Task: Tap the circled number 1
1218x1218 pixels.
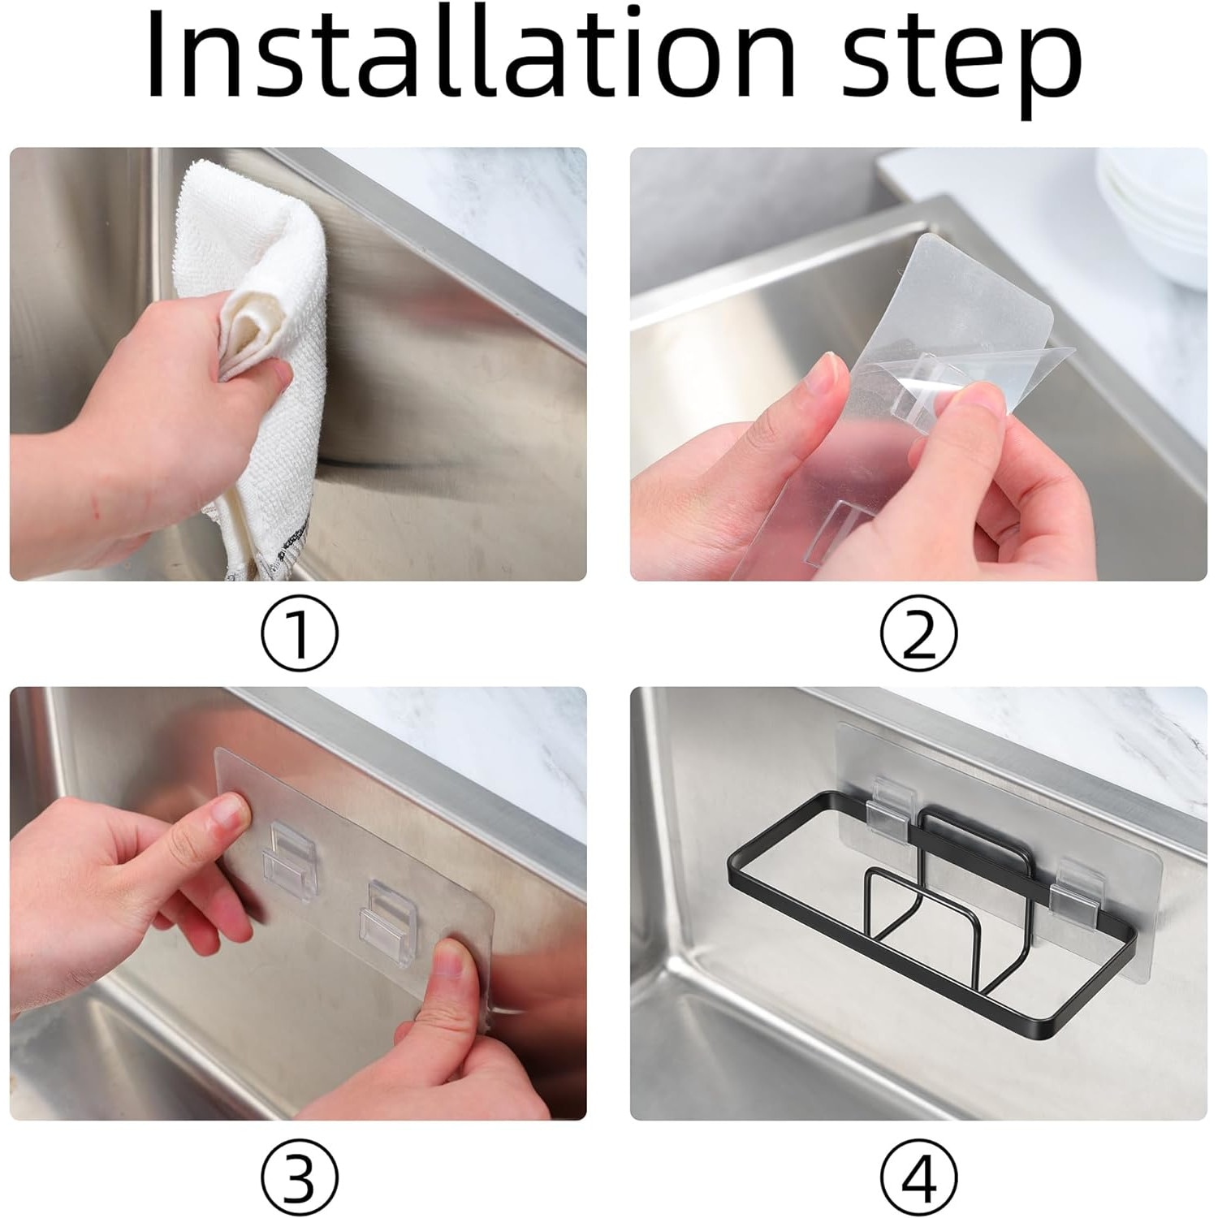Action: click(300, 633)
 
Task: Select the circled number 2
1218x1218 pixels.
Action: click(919, 633)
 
